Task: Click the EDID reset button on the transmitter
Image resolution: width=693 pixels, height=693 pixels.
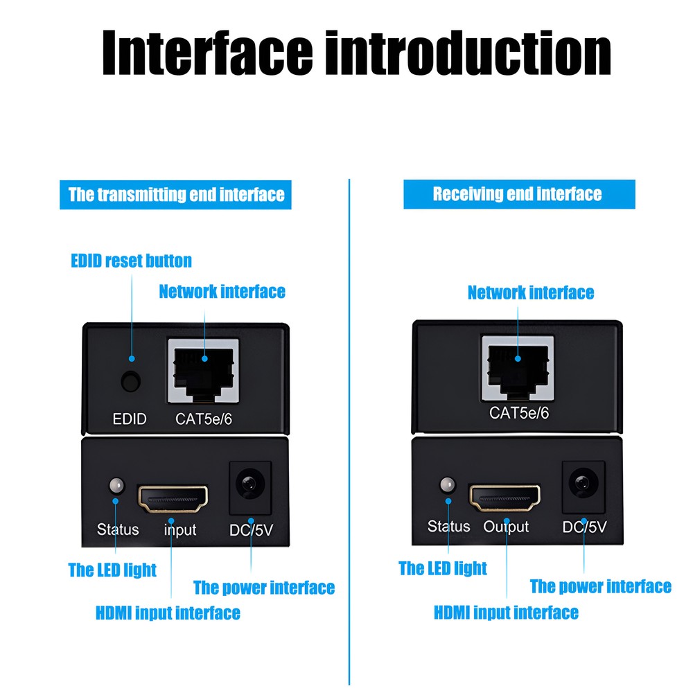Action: (131, 381)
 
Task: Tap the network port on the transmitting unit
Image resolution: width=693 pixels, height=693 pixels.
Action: (204, 371)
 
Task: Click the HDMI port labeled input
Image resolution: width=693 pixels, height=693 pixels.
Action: (173, 499)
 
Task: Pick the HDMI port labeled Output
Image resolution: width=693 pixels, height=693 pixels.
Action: (505, 498)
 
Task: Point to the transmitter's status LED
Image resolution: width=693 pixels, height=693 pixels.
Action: (116, 486)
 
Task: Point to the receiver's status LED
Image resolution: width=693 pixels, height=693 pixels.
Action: (447, 485)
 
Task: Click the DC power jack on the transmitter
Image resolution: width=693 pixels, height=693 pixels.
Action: (250, 488)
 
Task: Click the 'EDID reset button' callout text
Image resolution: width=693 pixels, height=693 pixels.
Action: (131, 261)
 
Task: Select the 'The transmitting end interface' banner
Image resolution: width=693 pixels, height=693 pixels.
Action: (175, 195)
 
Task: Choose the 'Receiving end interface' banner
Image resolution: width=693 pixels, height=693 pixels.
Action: (519, 194)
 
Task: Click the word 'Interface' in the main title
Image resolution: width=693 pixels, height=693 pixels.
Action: (208, 53)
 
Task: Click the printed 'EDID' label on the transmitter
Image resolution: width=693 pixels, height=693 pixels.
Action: (130, 419)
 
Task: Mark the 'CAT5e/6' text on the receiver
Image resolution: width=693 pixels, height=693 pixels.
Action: (519, 413)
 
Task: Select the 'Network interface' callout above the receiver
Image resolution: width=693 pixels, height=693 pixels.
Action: (531, 292)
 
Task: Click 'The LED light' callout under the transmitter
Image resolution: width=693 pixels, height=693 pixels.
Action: (112, 570)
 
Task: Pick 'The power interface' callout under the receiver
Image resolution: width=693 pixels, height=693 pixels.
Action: (601, 586)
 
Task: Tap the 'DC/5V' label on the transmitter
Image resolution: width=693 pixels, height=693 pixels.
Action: (251, 529)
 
